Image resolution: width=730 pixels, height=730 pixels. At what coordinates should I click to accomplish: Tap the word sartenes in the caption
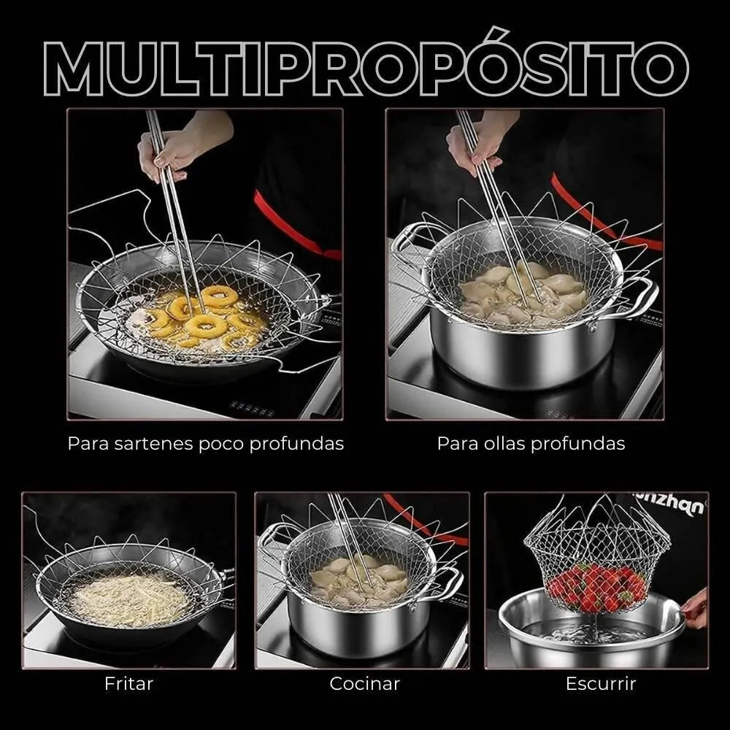point(155,444)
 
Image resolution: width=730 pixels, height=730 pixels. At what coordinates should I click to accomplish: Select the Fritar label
point(129,684)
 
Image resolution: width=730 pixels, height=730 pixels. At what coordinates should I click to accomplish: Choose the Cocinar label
point(365,684)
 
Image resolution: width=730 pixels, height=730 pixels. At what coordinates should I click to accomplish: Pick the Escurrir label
point(601,684)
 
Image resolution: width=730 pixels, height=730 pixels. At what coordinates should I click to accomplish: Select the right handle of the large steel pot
point(641,296)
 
